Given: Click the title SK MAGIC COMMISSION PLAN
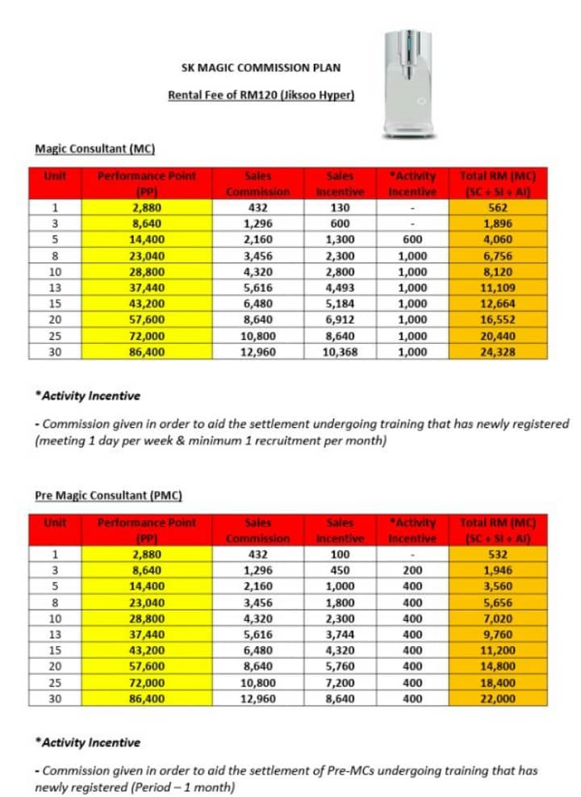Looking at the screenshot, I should coord(261,68).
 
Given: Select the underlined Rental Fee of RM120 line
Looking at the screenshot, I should coord(261,95).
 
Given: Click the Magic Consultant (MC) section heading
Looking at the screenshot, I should coord(94,149).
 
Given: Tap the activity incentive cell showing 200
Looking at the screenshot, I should coord(412,570).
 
